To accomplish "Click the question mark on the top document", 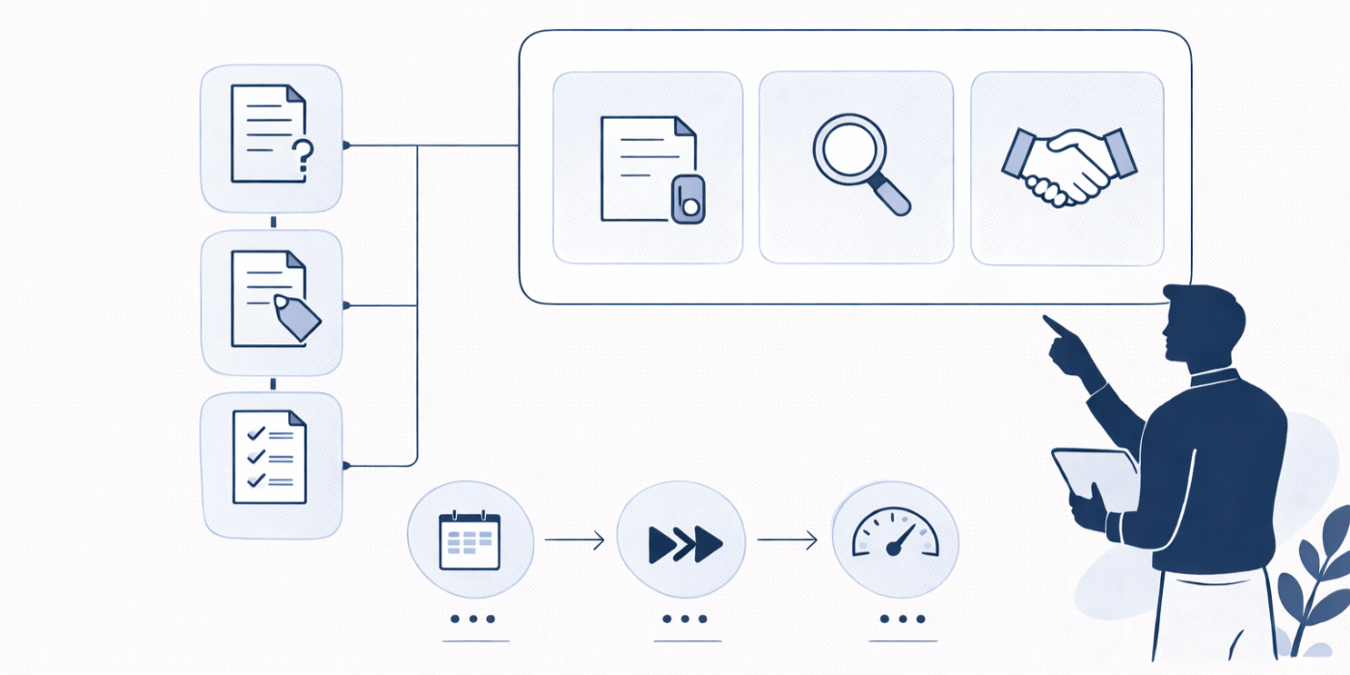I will [x=304, y=154].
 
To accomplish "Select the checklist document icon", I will [x=270, y=458].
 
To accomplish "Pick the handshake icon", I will [x=1068, y=166].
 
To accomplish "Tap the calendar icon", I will [x=470, y=540].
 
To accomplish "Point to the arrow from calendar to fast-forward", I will [x=575, y=541].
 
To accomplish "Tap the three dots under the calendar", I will [x=473, y=619].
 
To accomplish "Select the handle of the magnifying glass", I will [x=893, y=197].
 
